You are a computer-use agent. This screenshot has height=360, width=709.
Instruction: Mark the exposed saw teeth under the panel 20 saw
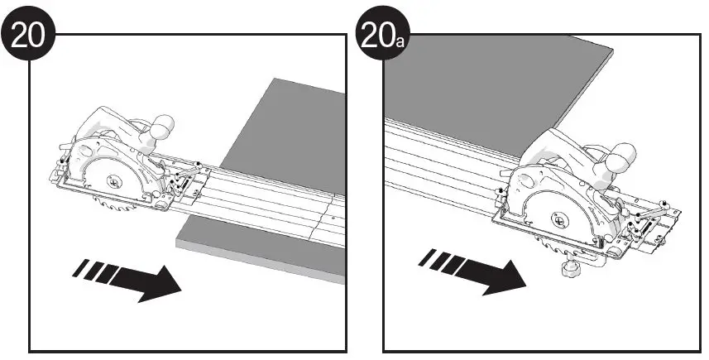[106, 208]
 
